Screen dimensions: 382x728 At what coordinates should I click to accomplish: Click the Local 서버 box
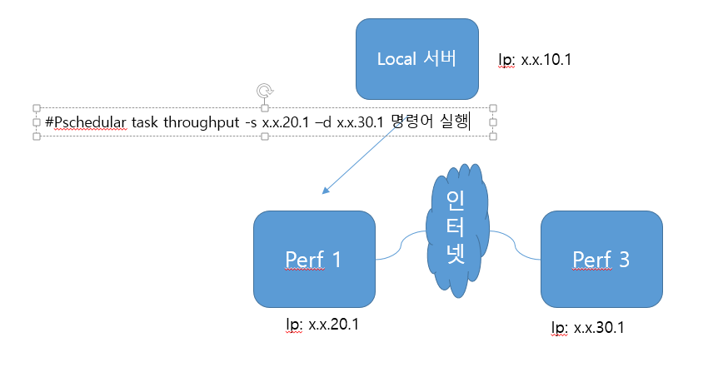(x=416, y=59)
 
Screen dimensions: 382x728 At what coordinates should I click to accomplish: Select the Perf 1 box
(x=313, y=259)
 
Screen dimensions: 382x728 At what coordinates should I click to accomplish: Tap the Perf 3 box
(x=601, y=259)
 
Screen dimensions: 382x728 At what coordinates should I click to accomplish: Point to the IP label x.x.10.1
(x=535, y=60)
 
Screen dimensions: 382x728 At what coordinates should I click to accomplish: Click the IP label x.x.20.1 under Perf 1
(x=322, y=323)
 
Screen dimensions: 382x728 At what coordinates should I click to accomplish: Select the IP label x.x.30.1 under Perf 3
(x=588, y=327)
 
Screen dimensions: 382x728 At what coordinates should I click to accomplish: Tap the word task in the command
(x=145, y=122)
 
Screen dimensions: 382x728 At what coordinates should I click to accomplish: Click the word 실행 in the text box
(x=455, y=122)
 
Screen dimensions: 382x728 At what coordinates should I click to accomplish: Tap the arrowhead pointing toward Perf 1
(x=326, y=191)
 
